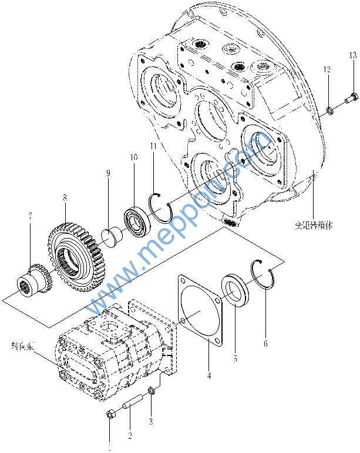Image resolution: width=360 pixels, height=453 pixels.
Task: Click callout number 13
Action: click(352, 55)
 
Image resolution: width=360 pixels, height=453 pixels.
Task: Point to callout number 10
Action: click(133, 157)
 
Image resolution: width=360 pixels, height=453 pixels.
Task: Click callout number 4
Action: click(209, 374)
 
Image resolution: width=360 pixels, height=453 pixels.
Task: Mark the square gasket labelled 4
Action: click(200, 310)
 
